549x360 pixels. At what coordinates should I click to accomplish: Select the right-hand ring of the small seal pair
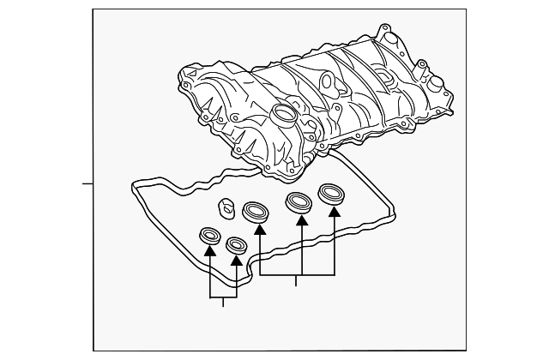coord(236,244)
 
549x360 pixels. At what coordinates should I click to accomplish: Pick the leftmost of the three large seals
coord(256,210)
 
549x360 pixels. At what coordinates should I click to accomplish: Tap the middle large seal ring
coord(299,203)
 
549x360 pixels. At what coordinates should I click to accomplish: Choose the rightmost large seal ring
coord(331,193)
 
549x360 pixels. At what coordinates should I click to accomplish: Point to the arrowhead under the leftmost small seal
coord(209,252)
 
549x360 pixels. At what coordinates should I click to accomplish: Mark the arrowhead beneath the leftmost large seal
coord(260,229)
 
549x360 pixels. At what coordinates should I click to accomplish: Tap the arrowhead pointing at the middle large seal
coord(301,221)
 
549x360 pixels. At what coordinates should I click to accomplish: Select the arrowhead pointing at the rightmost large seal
coord(334,212)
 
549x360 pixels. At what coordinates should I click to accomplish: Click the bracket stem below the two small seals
coord(223,302)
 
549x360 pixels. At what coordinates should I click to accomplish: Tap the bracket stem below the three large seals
coord(297,281)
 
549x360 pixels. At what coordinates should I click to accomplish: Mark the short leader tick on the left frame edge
coord(87,183)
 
